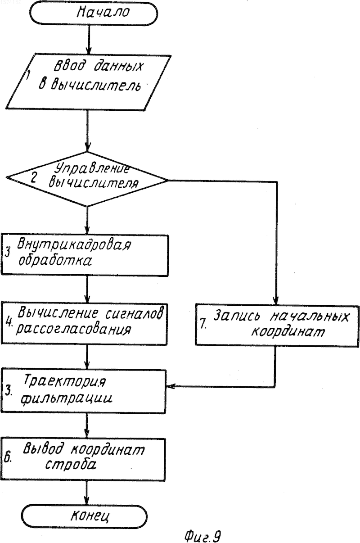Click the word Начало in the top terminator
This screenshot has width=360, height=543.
pos(103,12)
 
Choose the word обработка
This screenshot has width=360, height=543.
pos(55,261)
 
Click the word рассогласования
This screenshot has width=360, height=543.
pos(74,330)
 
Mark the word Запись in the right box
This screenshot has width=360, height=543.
pos(237,316)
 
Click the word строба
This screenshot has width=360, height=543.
pos(71,464)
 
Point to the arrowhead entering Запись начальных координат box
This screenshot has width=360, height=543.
pos(276,300)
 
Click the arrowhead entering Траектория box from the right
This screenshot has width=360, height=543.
pos(170,386)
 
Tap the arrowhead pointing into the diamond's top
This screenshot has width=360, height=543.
pos(87,147)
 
